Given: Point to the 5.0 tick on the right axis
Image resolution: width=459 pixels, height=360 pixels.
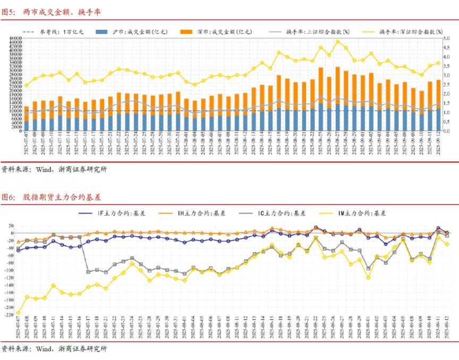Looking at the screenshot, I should tap(447, 38).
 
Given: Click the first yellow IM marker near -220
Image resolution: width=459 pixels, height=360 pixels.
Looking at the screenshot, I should tap(19, 313).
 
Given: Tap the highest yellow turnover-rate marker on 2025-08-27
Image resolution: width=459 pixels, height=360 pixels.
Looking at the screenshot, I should tap(338, 41).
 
